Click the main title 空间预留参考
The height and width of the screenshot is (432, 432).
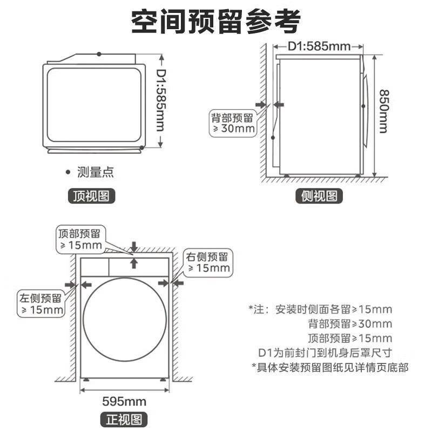pyautogui.click(x=215, y=22)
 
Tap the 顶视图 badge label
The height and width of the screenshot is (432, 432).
pyautogui.click(x=91, y=196)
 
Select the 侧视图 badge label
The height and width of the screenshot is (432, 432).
pyautogui.click(x=319, y=196)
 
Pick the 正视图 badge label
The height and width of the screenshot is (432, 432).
pyautogui.click(x=124, y=420)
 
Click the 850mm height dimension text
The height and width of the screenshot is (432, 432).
pyautogui.click(x=384, y=111)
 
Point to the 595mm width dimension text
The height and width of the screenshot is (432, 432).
pyautogui.click(x=124, y=401)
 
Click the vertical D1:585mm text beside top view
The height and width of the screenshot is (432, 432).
pyautogui.click(x=161, y=100)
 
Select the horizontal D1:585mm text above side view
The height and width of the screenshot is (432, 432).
pyautogui.click(x=319, y=46)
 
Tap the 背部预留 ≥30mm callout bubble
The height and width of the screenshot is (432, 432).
pyautogui.click(x=233, y=123)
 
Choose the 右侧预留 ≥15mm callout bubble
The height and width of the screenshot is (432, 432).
pyautogui.click(x=208, y=263)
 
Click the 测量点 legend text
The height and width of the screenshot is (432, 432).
pyautogui.click(x=96, y=172)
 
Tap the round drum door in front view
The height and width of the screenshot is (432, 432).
pyautogui.click(x=125, y=320)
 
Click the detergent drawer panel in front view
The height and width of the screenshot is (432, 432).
pyautogui.click(x=95, y=267)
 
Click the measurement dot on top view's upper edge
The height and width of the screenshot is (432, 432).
pyautogui.click(x=99, y=54)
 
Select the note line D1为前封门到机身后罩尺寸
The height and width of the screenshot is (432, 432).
pyautogui.click(x=325, y=353)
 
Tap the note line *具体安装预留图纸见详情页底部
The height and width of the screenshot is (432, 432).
pyautogui.click(x=330, y=367)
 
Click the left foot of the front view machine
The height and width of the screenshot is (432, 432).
pyautogui.click(x=86, y=380)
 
